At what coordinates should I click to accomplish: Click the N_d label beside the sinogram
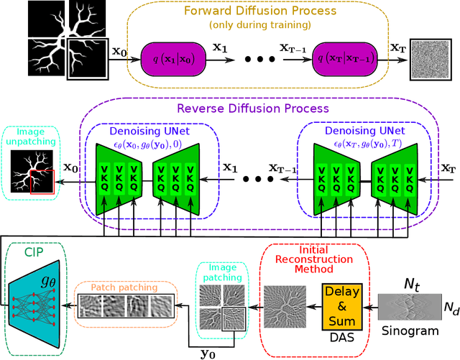[448, 309]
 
